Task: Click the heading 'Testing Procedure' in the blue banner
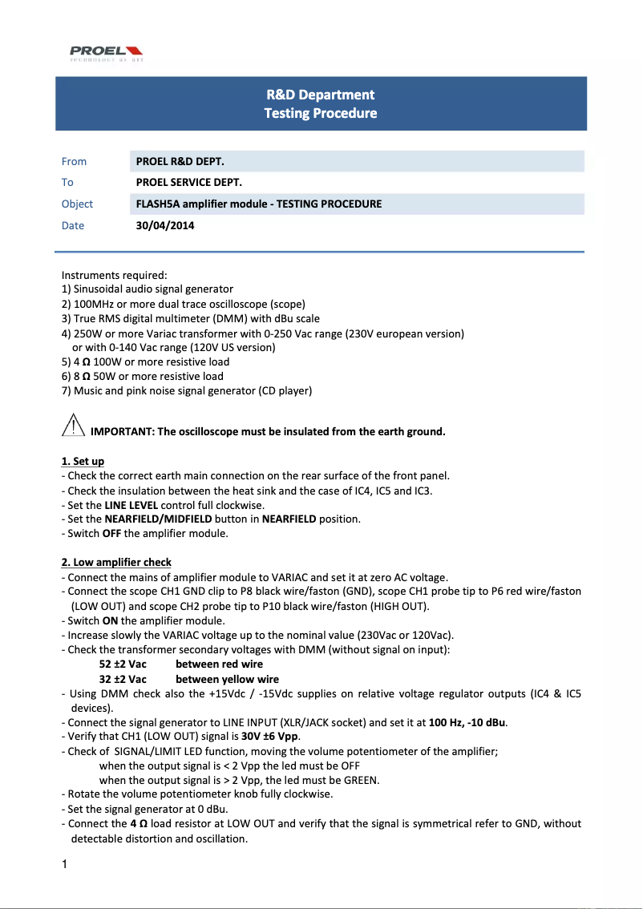coord(321,113)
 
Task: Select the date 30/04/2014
coord(165,225)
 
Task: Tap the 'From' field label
coord(74,161)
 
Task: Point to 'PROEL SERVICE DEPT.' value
coord(189,182)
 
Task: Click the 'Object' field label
coord(77,204)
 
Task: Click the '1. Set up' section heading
coord(83,462)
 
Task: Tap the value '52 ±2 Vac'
coord(123,664)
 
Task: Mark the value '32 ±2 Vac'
coord(123,679)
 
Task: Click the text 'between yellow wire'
coord(228,679)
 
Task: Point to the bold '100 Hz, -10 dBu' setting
coord(468,722)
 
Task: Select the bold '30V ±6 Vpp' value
coord(270,737)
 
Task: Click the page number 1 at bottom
coord(64,864)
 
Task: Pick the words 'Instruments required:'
coord(114,275)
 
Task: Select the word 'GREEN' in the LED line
coord(362,780)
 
